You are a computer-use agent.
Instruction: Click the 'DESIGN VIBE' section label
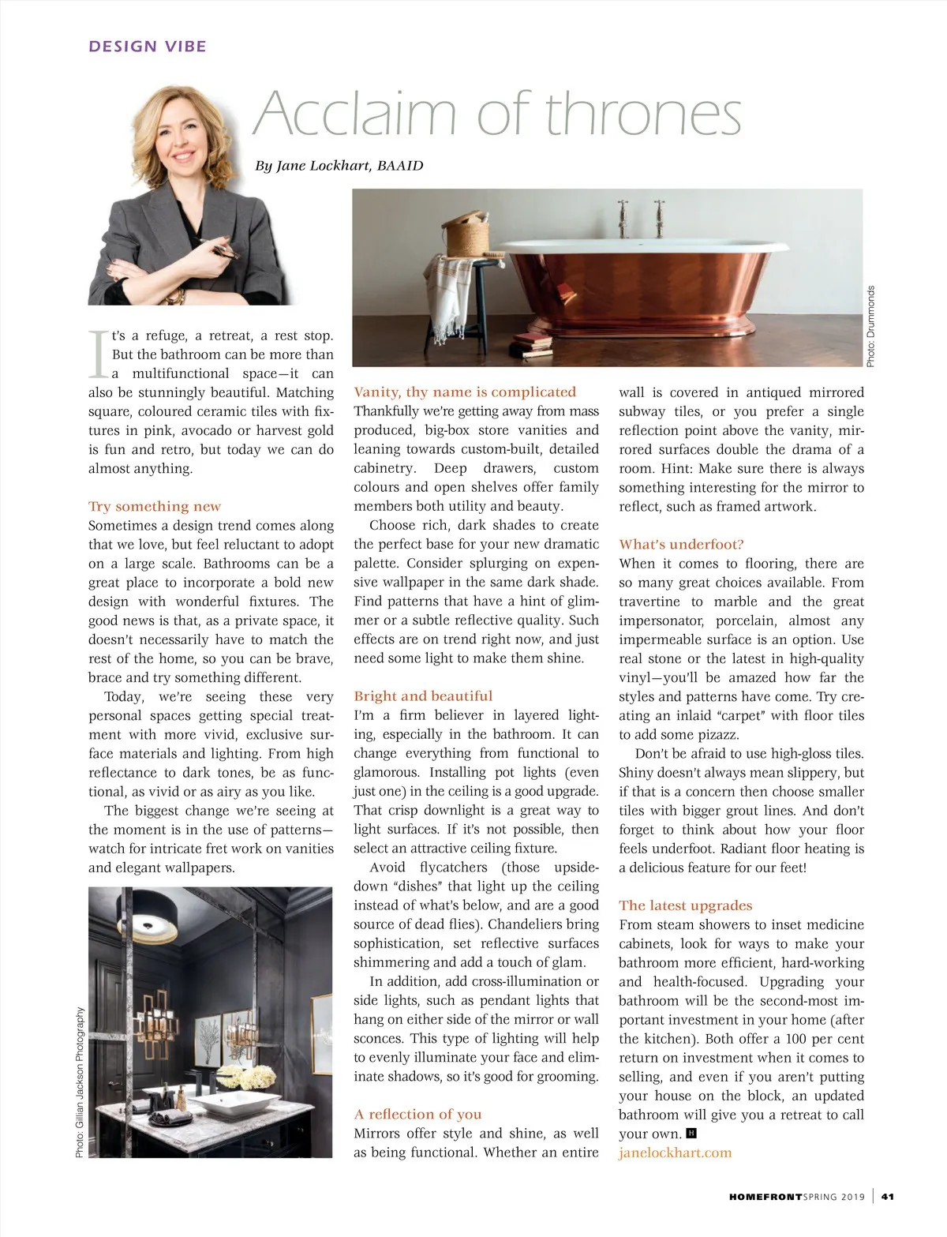click(x=148, y=47)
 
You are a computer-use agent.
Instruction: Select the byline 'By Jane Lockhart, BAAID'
click(x=339, y=166)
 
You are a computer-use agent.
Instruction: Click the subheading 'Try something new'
click(x=155, y=506)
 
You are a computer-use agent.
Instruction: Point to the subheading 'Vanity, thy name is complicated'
click(x=465, y=392)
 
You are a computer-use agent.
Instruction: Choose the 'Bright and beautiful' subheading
click(x=423, y=695)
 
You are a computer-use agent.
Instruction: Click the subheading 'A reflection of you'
click(x=417, y=1114)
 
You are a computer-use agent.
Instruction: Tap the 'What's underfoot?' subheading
click(x=681, y=544)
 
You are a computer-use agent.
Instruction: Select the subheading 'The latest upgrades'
click(x=685, y=905)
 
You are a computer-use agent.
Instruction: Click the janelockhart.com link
click(x=675, y=1153)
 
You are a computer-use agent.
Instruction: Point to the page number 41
click(x=888, y=1197)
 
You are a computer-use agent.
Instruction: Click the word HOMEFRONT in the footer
click(x=765, y=1197)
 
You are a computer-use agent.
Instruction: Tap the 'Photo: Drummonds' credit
click(x=871, y=326)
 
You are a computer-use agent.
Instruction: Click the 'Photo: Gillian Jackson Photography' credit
click(x=80, y=1083)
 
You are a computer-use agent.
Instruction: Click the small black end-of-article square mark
click(x=691, y=1134)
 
